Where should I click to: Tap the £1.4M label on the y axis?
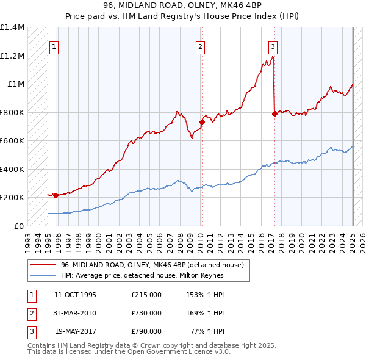[12, 27]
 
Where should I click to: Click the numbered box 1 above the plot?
[54, 46]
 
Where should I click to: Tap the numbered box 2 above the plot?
[200, 46]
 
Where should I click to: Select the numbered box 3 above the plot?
[273, 46]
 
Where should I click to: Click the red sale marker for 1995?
[56, 195]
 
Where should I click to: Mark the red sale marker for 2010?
[202, 123]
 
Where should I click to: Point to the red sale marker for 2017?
[274, 113]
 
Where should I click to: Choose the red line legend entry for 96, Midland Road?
[152, 265]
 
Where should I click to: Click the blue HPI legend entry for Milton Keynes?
[143, 275]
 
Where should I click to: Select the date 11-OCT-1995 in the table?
[75, 294]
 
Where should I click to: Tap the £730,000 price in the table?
[146, 313]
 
